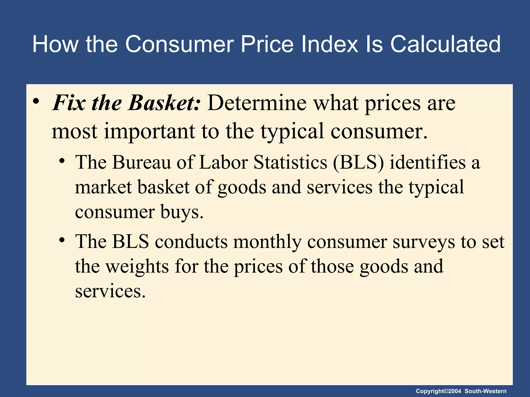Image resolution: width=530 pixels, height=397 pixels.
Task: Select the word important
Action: pos(149,131)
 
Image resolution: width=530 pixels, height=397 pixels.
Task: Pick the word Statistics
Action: pos(290,162)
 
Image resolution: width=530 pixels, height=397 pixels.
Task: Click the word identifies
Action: pos(428,162)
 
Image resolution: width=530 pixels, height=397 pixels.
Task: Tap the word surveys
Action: pos(424,242)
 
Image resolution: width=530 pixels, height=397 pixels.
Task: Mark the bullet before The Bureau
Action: pos(62,161)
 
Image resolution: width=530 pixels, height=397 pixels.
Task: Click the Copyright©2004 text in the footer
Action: pos(438,391)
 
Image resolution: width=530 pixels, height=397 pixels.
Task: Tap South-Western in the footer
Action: pos(485,391)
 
